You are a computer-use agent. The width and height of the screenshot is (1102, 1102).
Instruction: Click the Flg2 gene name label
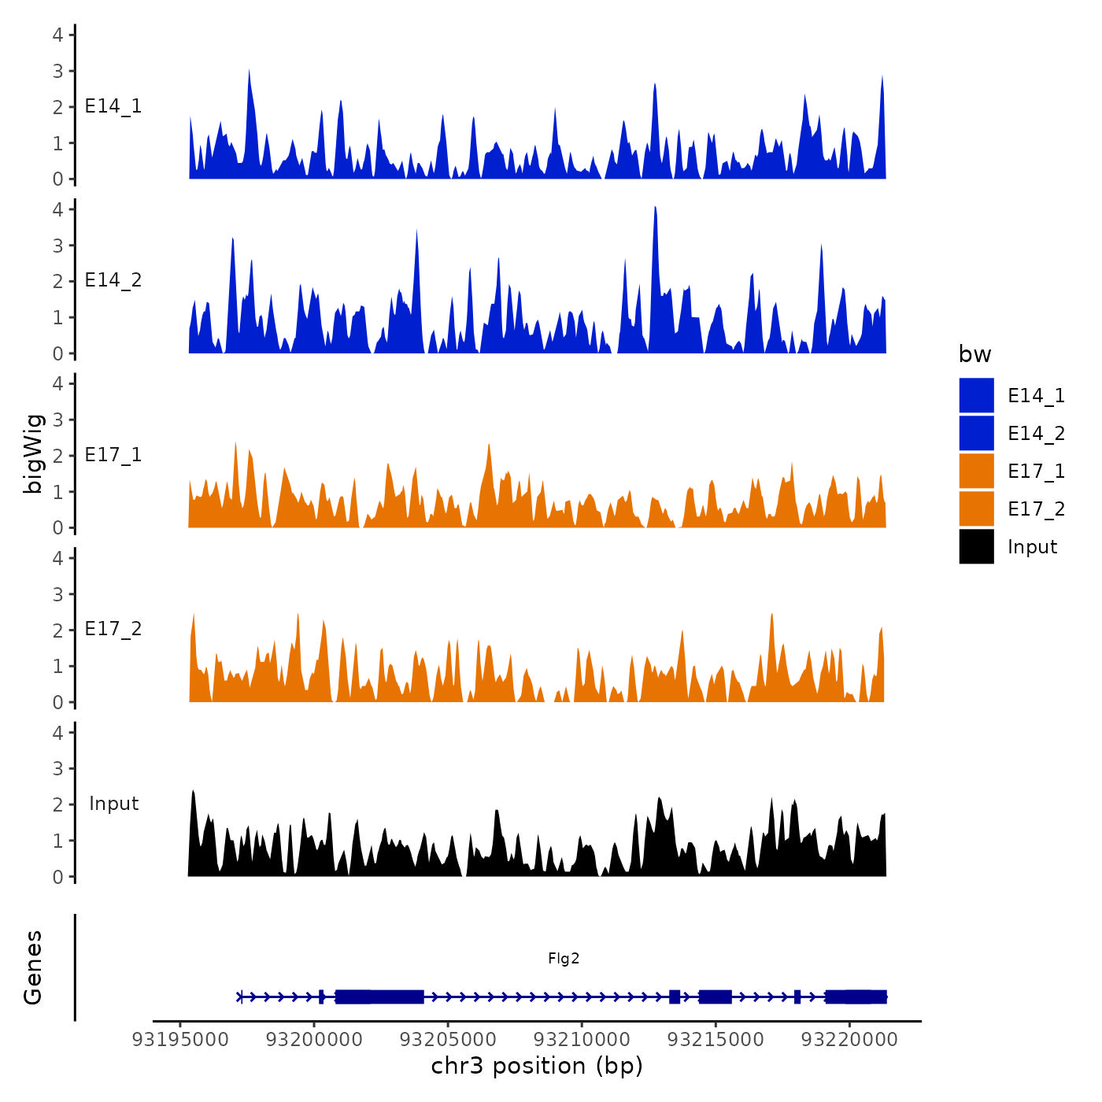coord(564,958)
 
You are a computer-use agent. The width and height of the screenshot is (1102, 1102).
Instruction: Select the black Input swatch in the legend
coord(976,546)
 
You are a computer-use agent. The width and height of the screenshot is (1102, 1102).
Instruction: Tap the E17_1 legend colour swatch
coord(976,471)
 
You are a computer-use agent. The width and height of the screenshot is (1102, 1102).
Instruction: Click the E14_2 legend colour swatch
coord(976,433)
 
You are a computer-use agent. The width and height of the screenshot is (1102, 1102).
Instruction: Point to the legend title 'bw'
coord(974,354)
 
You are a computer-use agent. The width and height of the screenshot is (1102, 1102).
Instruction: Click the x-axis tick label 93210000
coord(582,1039)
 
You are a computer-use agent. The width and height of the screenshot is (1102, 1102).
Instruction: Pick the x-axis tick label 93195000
coord(180,1039)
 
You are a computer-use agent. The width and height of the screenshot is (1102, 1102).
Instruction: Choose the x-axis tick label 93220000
coord(849,1039)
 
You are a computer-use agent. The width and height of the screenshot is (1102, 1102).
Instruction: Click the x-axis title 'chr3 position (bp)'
coord(537,1066)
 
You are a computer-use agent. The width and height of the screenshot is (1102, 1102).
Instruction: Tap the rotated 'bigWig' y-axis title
coord(33,454)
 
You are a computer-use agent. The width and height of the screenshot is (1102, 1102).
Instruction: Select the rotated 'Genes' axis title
coord(33,967)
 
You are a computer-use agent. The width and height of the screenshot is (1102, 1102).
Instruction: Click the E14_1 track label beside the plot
coord(113,106)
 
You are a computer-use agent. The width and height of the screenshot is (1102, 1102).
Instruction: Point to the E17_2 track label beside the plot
coord(113,629)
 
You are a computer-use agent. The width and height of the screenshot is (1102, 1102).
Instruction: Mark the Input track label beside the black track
coord(113,804)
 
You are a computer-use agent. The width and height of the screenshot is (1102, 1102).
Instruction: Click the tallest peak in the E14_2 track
coord(655,208)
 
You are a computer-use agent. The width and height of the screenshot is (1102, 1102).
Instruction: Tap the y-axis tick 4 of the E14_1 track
coord(58,35)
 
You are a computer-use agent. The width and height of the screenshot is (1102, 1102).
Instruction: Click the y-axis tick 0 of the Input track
coord(58,877)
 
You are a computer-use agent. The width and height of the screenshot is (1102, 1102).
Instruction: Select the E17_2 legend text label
coord(1036,509)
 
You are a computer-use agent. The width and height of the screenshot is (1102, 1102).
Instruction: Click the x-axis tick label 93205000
coord(448,1039)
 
